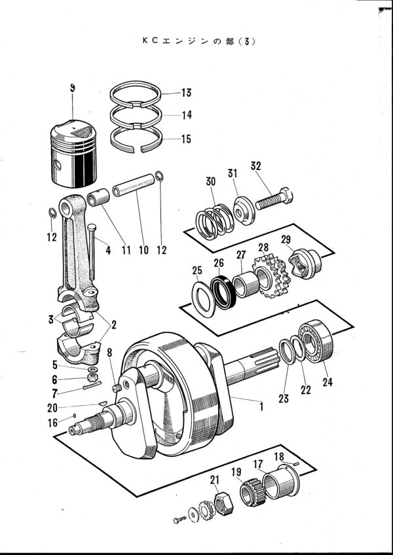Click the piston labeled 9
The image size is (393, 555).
73,154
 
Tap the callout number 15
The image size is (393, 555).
186,139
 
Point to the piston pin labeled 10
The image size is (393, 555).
134,185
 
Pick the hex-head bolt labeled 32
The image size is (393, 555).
274,199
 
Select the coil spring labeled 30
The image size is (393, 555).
215,222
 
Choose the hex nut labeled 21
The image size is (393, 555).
224,503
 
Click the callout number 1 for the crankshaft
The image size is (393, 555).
261,407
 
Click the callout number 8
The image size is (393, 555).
109,353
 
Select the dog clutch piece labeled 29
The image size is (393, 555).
305,263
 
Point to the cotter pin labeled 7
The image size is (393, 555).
92,385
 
